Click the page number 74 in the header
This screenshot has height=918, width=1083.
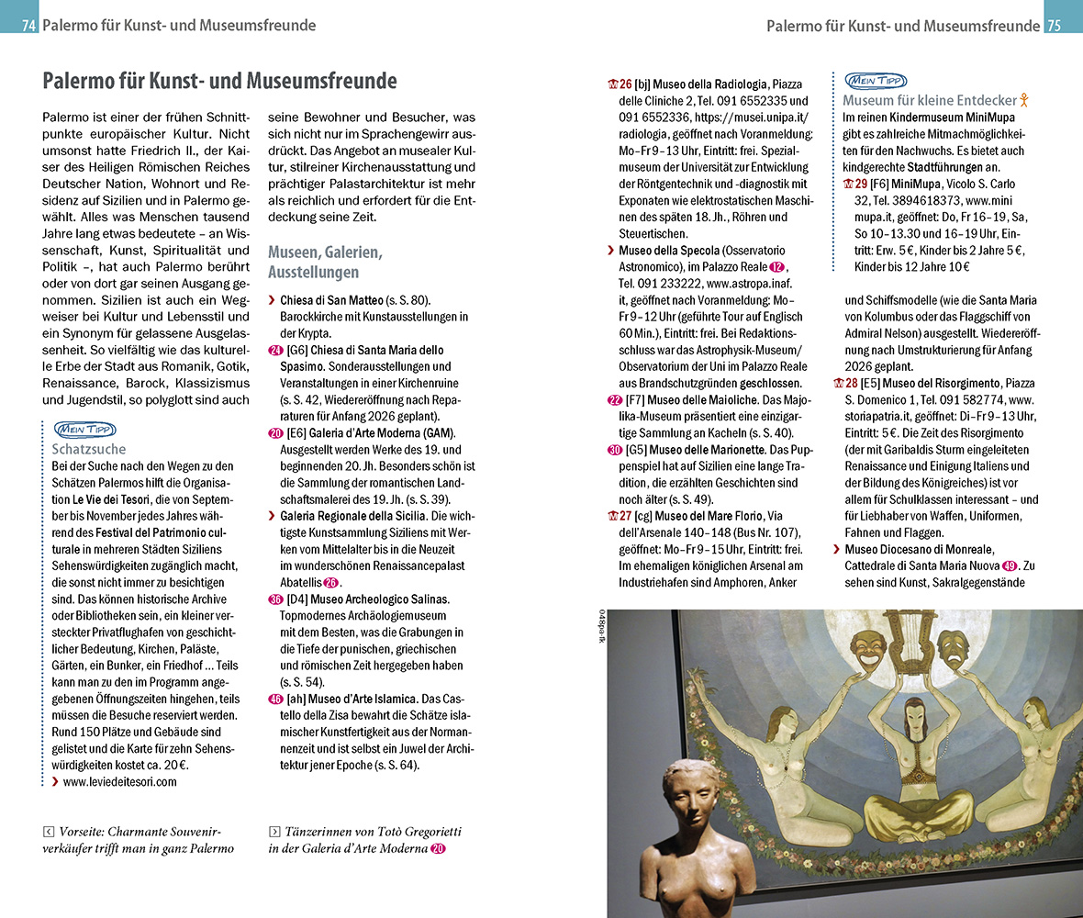28,26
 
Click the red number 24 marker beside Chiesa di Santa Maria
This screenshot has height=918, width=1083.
275,350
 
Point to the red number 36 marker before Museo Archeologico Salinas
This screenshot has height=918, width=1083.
275,599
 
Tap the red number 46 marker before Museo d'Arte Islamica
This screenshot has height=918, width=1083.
275,698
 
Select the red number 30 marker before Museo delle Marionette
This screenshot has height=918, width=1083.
615,450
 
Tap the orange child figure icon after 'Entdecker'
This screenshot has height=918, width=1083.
1026,100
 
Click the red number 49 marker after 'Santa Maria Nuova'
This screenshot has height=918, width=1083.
1010,565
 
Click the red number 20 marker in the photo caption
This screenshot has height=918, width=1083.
439,849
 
